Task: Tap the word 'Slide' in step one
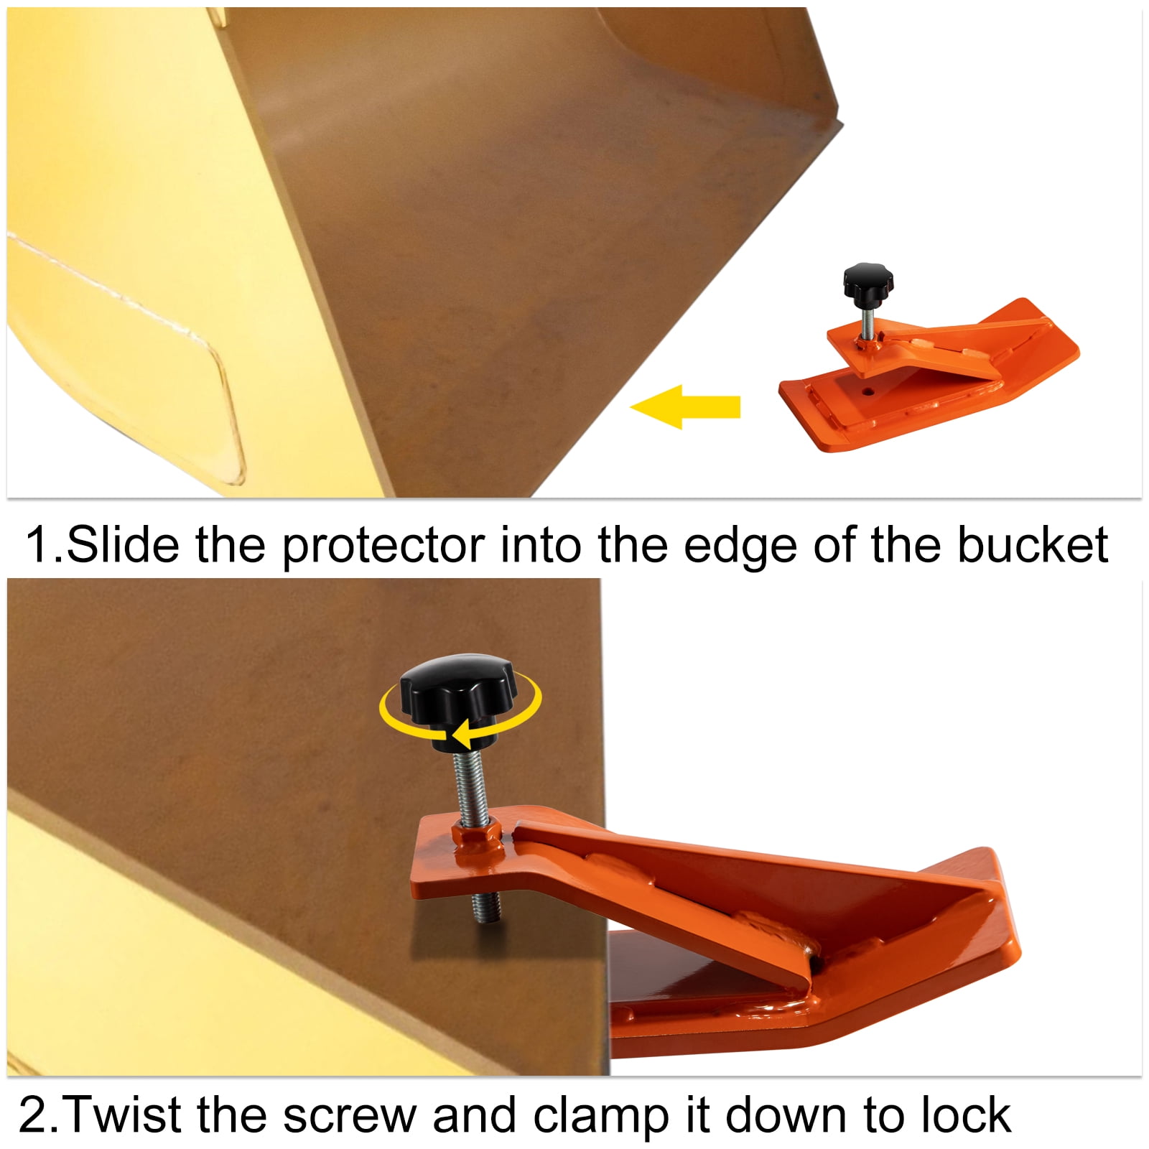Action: (x=122, y=545)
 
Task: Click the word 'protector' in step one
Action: (x=383, y=547)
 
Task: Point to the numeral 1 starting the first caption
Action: (x=37, y=545)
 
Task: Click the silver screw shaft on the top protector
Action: (x=867, y=320)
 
